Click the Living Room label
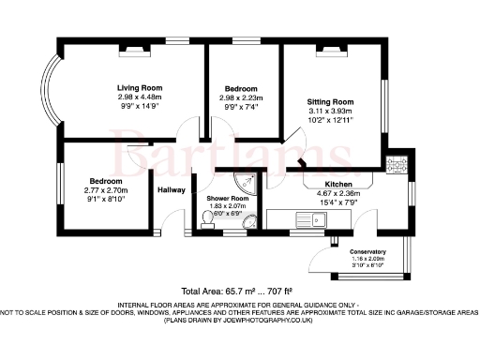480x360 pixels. [x=133, y=86]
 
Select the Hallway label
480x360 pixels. [x=172, y=189]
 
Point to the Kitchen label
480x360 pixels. [x=337, y=185]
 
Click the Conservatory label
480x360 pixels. [x=367, y=252]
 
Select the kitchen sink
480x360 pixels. [x=307, y=220]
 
